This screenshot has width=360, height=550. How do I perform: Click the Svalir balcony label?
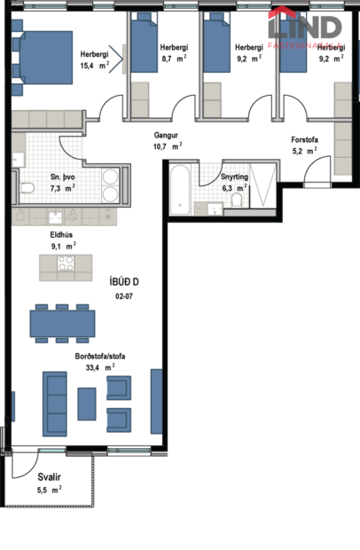point(49,476)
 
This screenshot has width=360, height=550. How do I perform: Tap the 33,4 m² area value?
point(98,366)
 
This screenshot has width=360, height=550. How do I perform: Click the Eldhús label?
point(61,234)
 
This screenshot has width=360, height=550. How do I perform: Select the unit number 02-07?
point(124,297)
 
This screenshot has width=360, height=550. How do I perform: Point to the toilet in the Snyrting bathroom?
point(236,201)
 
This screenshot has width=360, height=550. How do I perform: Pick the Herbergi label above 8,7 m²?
point(175,47)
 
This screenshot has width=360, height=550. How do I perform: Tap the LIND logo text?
point(317,26)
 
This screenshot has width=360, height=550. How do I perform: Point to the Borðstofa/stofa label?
point(100,356)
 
